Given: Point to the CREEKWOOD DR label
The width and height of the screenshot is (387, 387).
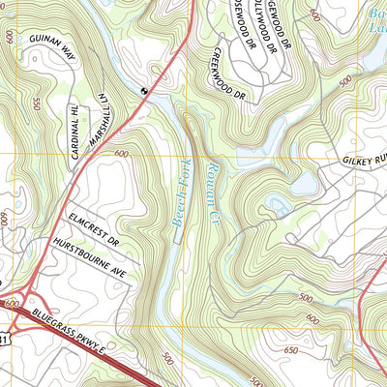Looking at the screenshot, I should point(230,74).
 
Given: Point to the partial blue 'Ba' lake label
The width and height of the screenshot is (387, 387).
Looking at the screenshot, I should point(375,19).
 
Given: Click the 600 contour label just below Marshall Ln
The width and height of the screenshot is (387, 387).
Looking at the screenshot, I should point(121,154).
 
